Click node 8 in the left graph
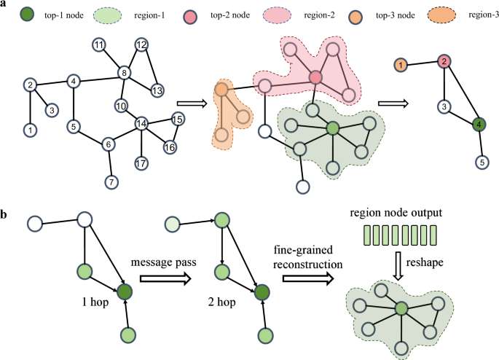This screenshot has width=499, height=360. [125, 73]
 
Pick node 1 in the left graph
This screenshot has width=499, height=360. [29, 130]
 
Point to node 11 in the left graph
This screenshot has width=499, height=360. [98, 46]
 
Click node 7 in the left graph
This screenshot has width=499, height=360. [111, 181]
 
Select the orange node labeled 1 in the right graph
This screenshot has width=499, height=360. [400, 66]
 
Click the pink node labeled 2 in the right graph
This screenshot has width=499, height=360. [443, 63]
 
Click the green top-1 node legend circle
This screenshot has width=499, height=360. [27, 15]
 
